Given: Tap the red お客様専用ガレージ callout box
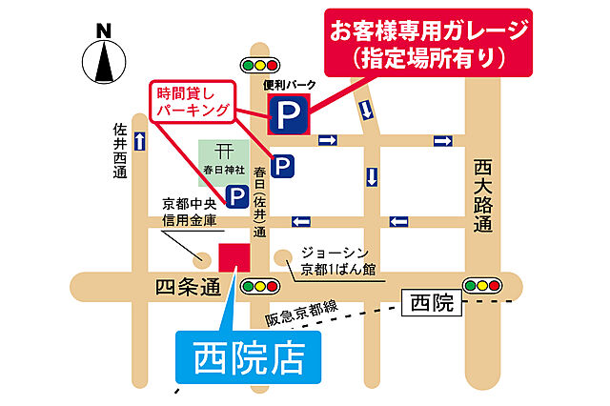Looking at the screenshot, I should click(x=427, y=43).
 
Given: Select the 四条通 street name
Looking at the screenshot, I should click(x=186, y=286).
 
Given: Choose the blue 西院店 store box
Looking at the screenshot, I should click(x=249, y=358).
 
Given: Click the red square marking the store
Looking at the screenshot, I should click(x=234, y=257).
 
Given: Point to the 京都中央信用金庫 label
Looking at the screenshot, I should click(x=190, y=212).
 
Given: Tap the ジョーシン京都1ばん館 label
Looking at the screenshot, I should click(x=336, y=260).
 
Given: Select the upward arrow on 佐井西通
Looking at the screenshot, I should click(x=140, y=142).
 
